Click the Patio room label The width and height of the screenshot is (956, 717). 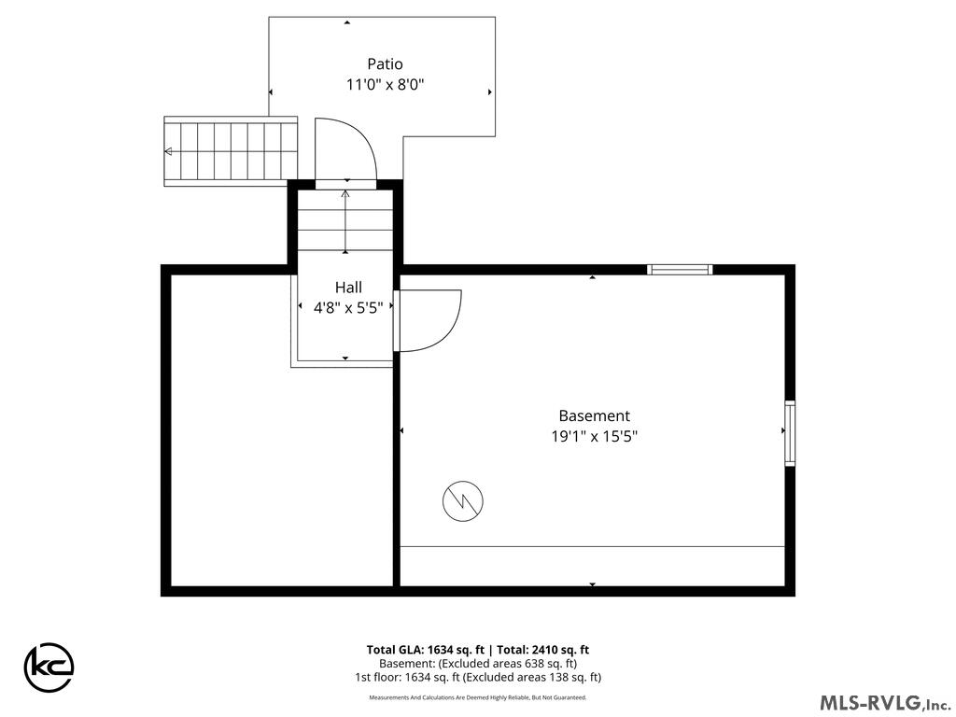[x=385, y=63]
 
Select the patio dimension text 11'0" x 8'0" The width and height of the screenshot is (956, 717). [x=385, y=84]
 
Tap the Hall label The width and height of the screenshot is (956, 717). [x=348, y=288]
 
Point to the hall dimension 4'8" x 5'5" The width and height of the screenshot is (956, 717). [x=348, y=308]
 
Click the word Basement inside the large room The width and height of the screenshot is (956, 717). [x=594, y=415]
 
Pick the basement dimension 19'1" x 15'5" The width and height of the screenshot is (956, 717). [x=594, y=437]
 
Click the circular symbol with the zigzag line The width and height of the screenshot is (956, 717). [x=463, y=501]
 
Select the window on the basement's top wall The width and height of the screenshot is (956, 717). [x=680, y=270]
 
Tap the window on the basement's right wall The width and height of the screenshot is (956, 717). [x=790, y=433]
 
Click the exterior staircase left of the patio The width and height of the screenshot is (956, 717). [x=231, y=151]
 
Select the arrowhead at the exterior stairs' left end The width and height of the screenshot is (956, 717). [x=168, y=151]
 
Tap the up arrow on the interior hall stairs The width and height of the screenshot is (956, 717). [x=345, y=221]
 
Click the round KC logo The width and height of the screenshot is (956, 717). [x=49, y=667]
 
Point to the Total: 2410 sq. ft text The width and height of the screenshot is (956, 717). [x=543, y=650]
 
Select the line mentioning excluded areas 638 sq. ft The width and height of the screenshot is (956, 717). [x=478, y=664]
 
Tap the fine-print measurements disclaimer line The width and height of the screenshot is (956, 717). [x=478, y=697]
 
